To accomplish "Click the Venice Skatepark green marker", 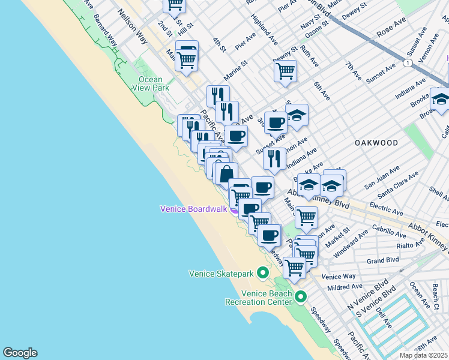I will (262, 273).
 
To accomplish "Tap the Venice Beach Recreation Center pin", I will (301, 296).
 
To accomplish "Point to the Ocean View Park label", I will (150, 83).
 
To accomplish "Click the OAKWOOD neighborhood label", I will (376, 143).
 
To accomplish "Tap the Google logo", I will (20, 353).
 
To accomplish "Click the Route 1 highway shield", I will (408, 62).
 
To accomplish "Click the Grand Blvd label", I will (383, 260).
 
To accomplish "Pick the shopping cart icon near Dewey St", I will (285, 70).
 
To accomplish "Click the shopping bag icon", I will (226, 173).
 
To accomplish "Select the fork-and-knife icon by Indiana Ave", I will (274, 158).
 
